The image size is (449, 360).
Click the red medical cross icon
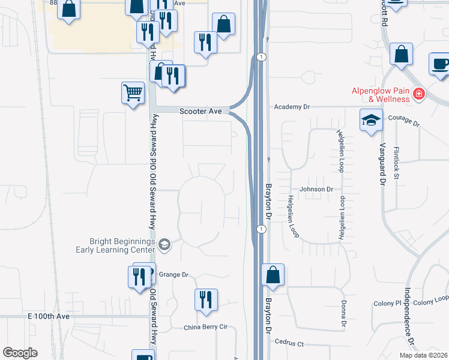[x=418, y=94]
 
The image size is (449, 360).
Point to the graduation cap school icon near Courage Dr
[x=371, y=120]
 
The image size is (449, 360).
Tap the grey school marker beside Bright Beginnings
[x=164, y=244]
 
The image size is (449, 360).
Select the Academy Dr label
[x=291, y=106]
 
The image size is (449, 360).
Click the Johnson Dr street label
[x=316, y=189]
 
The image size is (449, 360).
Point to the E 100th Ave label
[x=49, y=316]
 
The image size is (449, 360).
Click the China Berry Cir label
[x=206, y=327]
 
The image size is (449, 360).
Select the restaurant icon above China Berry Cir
[x=206, y=299]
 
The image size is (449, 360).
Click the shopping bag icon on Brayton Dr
[x=273, y=275]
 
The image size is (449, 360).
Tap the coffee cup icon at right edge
[x=440, y=64]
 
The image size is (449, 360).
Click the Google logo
[x=20, y=352]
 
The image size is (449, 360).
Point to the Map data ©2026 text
[x=423, y=355]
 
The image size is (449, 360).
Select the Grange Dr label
[x=174, y=275]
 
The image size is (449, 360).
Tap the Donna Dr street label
[x=343, y=314]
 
